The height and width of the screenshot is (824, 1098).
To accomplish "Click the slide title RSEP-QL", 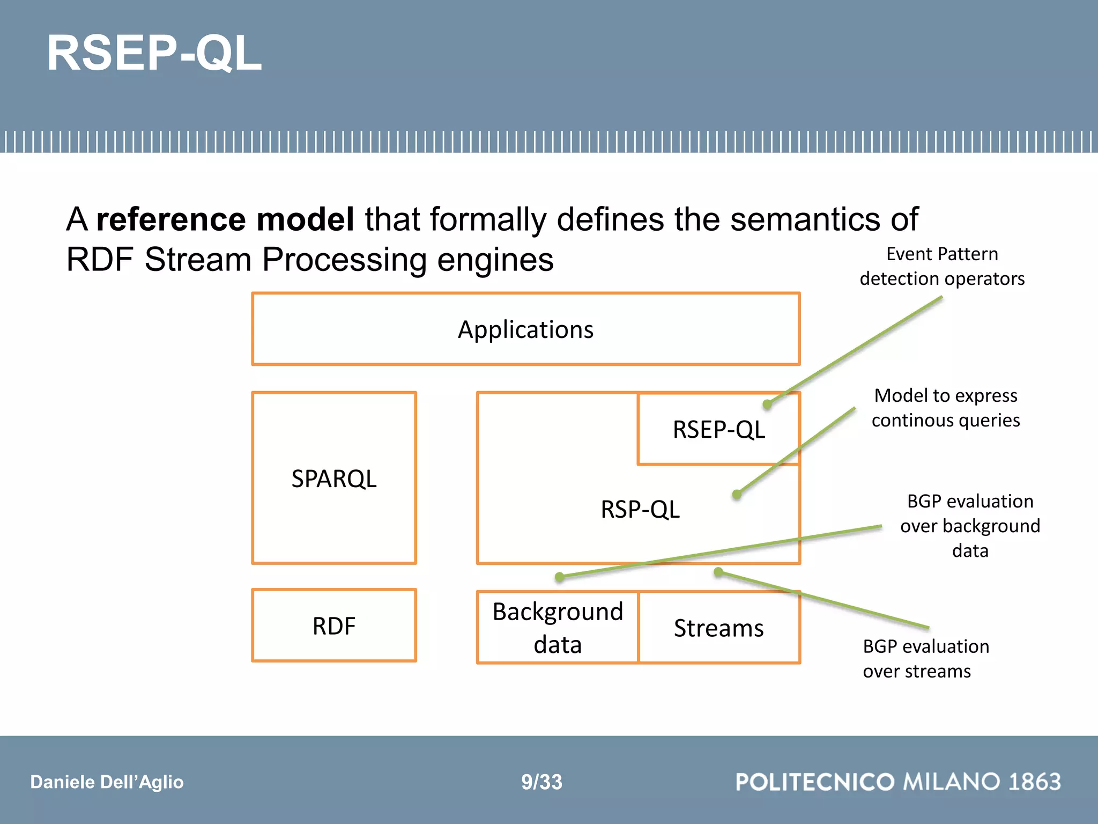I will pyautogui.click(x=154, y=53).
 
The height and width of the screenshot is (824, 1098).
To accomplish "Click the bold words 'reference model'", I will pyautogui.click(x=225, y=219).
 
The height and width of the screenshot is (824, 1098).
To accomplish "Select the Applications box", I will pyautogui.click(x=525, y=329).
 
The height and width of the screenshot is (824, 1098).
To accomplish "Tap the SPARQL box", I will pyautogui.click(x=333, y=478).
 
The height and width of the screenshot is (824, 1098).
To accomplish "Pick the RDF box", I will pyautogui.click(x=333, y=626).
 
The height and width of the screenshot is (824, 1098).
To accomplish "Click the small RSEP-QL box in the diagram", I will pyautogui.click(x=718, y=430).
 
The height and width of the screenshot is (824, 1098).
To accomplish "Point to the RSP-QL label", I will pyautogui.click(x=640, y=509).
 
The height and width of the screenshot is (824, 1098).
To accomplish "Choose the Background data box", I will pyautogui.click(x=558, y=628).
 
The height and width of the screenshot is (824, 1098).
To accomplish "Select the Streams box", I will pyautogui.click(x=718, y=628).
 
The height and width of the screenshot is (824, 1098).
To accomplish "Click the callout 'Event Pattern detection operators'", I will pyautogui.click(x=942, y=266).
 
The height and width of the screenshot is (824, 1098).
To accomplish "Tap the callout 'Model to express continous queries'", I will pyautogui.click(x=946, y=408).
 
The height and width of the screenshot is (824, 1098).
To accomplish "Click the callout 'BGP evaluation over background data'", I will pyautogui.click(x=970, y=526).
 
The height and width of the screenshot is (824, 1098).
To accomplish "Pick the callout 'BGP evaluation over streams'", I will pyautogui.click(x=925, y=659).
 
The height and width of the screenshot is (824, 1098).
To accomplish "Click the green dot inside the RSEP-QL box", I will pyautogui.click(x=767, y=404).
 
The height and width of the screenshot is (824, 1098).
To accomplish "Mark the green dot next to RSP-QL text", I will pyautogui.click(x=737, y=494).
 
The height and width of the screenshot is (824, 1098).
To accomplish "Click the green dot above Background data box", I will pyautogui.click(x=560, y=577).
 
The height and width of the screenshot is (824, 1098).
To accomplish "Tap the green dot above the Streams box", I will pyautogui.click(x=718, y=572).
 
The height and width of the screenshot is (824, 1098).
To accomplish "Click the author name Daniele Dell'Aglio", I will pyautogui.click(x=107, y=782).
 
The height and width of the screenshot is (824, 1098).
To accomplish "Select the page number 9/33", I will pyautogui.click(x=541, y=782).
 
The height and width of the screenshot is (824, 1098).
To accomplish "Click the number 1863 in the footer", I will pyautogui.click(x=1034, y=782).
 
